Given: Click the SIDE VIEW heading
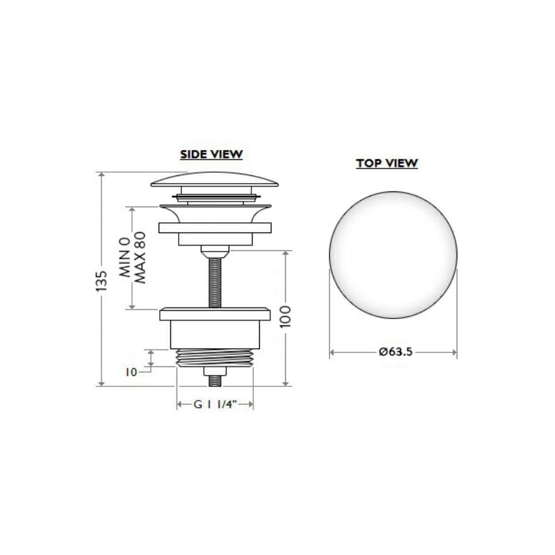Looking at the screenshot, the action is [x=211, y=155].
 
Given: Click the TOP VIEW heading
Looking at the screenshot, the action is [x=387, y=163].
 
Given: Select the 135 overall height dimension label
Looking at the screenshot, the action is [x=101, y=281].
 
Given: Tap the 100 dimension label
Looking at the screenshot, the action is [x=286, y=317].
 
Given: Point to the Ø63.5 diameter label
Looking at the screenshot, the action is [x=395, y=352].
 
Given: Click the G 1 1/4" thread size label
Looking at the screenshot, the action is [x=215, y=404].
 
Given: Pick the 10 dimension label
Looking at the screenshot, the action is [x=131, y=372].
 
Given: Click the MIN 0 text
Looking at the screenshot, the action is [x=124, y=257].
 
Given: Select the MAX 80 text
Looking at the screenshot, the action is [x=140, y=258].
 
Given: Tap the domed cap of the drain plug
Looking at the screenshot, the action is [x=214, y=179].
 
